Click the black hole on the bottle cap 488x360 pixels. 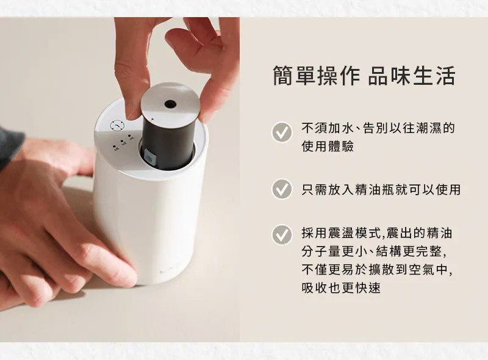[x=170, y=104]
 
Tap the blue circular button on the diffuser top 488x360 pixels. [x=117, y=126]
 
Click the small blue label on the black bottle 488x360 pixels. [x=149, y=158]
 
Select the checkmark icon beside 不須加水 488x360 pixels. [x=282, y=132]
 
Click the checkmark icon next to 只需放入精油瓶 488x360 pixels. [x=282, y=189]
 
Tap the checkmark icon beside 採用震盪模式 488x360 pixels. [x=282, y=235]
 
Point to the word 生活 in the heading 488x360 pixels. [x=434, y=76]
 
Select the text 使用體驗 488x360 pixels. [x=328, y=146]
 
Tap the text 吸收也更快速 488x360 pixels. [x=341, y=287]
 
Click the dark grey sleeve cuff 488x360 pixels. [x=11, y=146]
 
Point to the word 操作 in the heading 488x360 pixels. [x=339, y=76]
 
